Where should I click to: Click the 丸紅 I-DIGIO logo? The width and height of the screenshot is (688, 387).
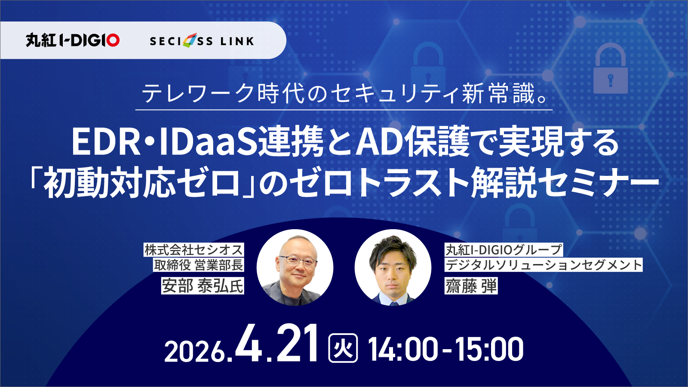tap(72, 40)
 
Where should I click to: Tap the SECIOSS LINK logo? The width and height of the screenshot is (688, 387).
tap(202, 41)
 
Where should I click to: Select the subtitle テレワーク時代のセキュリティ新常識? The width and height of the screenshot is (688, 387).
tap(344, 93)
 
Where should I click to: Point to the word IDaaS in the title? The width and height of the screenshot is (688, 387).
tap(208, 142)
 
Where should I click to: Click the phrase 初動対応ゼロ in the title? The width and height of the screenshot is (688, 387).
tap(142, 182)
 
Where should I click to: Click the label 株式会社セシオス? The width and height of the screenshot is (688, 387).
tap(193, 250)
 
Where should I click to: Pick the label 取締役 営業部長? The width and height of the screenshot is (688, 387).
tap(199, 265)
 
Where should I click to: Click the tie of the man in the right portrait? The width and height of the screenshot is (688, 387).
tap(393, 301)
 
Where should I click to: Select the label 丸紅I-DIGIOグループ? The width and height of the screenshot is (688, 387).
tap(504, 250)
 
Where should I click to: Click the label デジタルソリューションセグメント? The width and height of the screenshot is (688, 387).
tap(544, 265)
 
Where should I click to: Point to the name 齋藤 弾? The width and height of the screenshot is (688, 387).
tap(471, 286)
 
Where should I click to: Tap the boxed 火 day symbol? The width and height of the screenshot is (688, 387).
tap(343, 349)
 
